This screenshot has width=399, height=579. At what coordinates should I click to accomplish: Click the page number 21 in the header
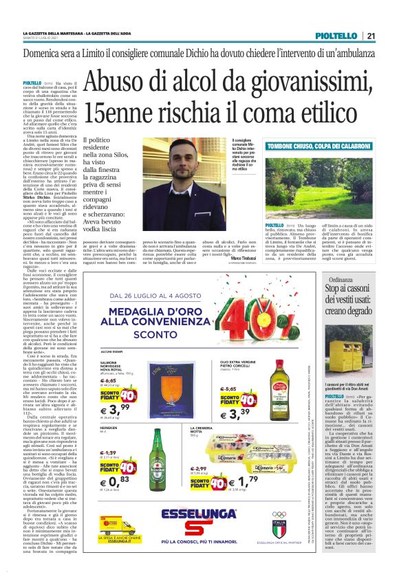tap(371, 36)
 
